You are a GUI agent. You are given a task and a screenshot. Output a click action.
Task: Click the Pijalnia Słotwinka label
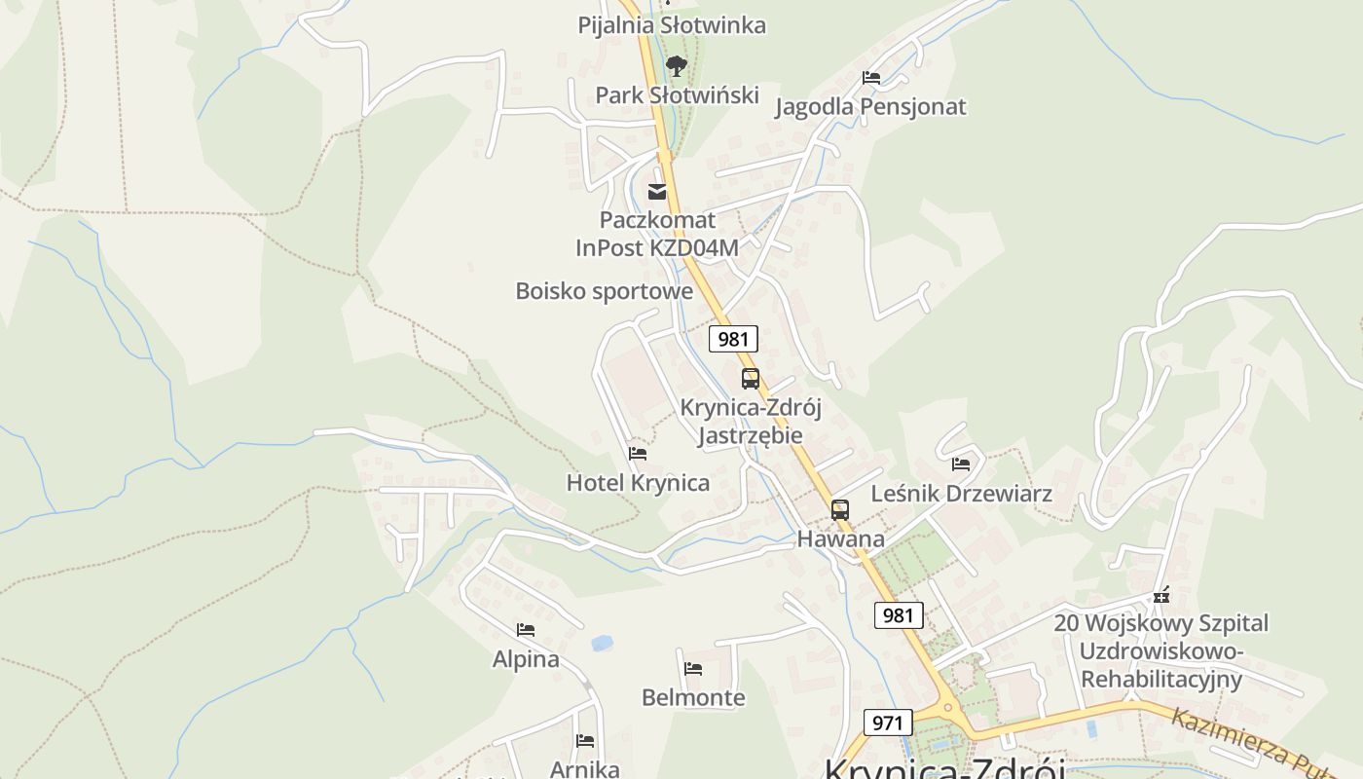point(672,25)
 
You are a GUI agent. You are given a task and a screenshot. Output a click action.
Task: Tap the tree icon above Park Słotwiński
point(676,66)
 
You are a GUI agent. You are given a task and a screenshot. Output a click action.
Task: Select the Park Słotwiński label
point(677,94)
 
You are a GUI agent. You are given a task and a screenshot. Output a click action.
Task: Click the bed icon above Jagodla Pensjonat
point(871,78)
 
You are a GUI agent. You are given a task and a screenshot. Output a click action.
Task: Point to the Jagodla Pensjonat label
point(870,106)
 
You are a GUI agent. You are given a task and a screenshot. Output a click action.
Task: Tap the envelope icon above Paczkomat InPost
point(657,192)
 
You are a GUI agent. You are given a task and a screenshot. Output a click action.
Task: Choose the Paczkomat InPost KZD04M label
point(657,234)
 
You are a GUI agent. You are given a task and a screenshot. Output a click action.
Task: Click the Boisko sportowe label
point(604,291)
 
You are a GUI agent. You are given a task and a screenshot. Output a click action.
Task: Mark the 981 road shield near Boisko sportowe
point(732,339)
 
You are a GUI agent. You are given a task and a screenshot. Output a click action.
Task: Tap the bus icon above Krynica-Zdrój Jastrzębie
point(750,379)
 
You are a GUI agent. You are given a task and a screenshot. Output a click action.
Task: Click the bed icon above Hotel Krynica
point(638,454)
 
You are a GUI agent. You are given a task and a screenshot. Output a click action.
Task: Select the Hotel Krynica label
point(638,483)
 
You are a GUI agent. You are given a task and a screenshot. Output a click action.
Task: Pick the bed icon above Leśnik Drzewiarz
point(961,464)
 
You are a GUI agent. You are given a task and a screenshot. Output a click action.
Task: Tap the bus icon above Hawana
point(839,509)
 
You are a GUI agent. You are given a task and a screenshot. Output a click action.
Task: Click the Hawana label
point(841,538)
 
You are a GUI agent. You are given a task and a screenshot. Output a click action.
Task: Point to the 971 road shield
point(887,723)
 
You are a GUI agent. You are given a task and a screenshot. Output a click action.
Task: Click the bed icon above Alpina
point(526,630)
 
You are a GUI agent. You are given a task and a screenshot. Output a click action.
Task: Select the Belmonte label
point(693,697)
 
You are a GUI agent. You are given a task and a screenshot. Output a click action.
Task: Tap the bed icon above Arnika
point(584,741)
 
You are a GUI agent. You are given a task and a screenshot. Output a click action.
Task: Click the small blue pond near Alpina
point(602,643)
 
